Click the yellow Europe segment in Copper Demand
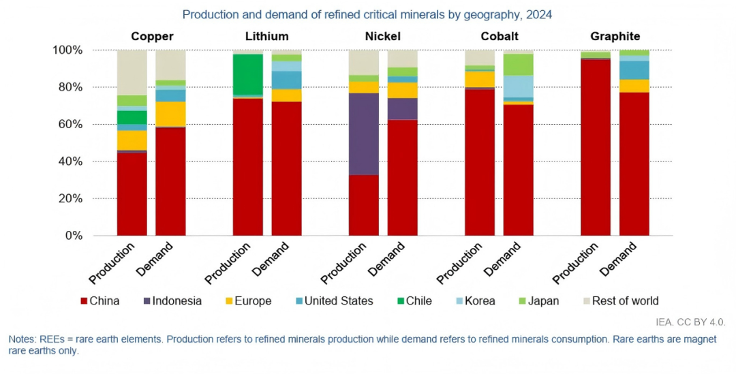coord(170,114)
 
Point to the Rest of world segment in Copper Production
coord(132,72)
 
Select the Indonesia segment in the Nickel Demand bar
coord(403,108)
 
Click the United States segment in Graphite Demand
coord(634,70)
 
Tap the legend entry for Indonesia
coord(172,300)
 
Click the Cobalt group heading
coord(500,36)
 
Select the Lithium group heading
coord(266,36)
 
